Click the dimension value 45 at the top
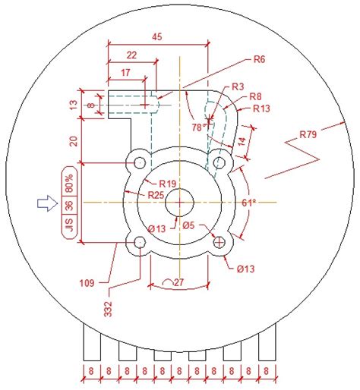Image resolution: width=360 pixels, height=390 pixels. [x=157, y=36]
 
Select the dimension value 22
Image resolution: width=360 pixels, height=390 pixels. [x=131, y=55]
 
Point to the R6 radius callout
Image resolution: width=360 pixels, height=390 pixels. [x=259, y=58]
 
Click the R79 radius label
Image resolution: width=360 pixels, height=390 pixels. [x=308, y=135]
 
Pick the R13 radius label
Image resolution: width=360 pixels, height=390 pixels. [x=262, y=109]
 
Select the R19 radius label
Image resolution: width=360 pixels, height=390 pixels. [x=168, y=184]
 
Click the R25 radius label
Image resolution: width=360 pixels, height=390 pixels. [x=156, y=196]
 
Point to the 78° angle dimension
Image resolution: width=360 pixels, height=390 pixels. [x=199, y=127]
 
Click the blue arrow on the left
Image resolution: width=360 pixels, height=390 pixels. [x=47, y=203]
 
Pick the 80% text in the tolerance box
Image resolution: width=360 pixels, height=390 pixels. [x=68, y=181]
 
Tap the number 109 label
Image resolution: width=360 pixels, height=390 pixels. [x=87, y=284]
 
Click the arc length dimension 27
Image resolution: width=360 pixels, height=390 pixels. [x=178, y=282]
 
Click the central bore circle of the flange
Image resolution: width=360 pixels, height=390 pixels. [x=180, y=203]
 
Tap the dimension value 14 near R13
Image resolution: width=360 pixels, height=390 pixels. [x=241, y=142]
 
